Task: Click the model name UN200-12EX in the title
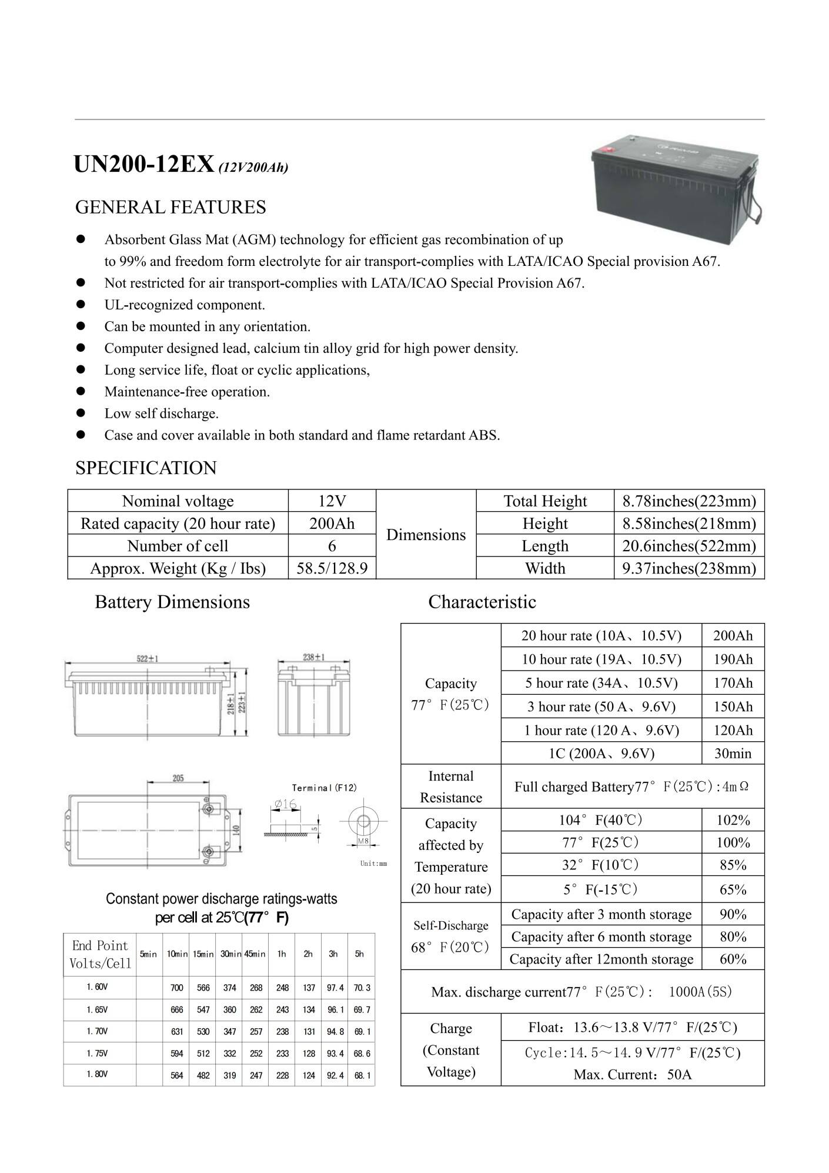tap(143, 165)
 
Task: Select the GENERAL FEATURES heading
tap(171, 207)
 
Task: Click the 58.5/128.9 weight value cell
tap(332, 568)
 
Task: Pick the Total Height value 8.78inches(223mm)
tap(689, 501)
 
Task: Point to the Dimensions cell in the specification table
tap(426, 535)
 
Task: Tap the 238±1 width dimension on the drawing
tap(314, 657)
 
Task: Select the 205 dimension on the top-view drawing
tap(178, 778)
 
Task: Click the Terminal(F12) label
tap(324, 788)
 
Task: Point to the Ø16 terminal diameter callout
tap(285, 804)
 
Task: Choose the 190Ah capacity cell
tap(733, 659)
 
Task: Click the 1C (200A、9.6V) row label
tap(601, 754)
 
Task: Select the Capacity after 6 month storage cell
tap(601, 937)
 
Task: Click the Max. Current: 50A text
tap(632, 1075)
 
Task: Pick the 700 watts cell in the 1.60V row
tap(177, 988)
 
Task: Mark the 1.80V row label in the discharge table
tap(97, 1074)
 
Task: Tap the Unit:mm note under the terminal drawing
tap(373, 864)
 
